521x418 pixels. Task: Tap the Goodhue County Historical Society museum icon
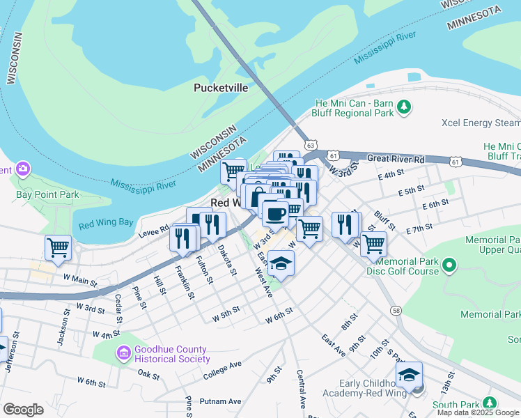(x=124, y=354)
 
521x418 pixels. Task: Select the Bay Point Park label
(x=48, y=195)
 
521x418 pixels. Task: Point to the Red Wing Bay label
(x=105, y=224)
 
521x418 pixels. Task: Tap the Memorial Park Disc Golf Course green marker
(x=449, y=265)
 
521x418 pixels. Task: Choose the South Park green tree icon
(x=490, y=403)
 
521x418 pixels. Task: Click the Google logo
(x=23, y=409)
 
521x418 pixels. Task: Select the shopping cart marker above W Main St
(x=59, y=247)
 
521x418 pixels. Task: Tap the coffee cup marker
(x=274, y=213)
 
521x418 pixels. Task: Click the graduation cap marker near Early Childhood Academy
(x=410, y=374)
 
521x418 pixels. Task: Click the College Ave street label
(x=222, y=370)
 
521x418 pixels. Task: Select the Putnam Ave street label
(x=220, y=401)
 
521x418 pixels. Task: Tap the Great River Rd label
(x=396, y=159)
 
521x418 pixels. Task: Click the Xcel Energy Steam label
(x=480, y=123)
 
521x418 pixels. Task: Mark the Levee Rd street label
(x=155, y=228)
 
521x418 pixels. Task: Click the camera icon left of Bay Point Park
(x=22, y=169)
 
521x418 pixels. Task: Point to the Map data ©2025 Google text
(x=478, y=412)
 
